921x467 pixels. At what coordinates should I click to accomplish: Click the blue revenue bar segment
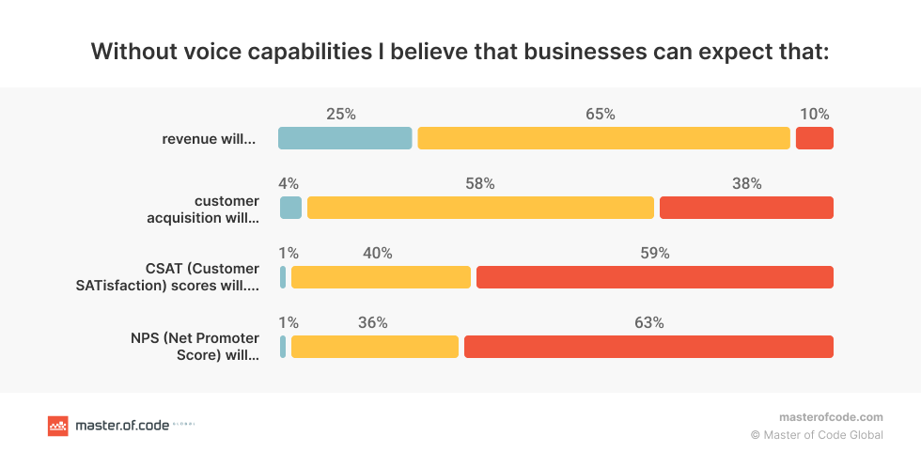click(x=345, y=138)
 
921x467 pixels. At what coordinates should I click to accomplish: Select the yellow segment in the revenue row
click(x=603, y=138)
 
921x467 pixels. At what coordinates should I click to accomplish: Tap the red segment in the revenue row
click(x=814, y=138)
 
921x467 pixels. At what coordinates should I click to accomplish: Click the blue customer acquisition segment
click(x=291, y=208)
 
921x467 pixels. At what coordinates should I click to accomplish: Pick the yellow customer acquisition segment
click(x=480, y=208)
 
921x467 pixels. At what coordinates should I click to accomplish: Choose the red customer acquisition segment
click(x=746, y=208)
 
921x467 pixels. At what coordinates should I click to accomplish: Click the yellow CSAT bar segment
click(x=381, y=277)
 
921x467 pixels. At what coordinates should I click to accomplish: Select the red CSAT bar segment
click(x=654, y=277)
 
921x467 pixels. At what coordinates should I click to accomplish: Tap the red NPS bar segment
click(x=648, y=347)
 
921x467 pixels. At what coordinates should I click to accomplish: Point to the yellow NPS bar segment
click(x=375, y=347)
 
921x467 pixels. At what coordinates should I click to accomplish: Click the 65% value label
click(x=600, y=115)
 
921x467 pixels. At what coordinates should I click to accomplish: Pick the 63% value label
click(x=649, y=323)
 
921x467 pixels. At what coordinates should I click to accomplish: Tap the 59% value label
click(x=655, y=254)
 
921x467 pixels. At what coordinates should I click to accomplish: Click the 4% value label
click(x=289, y=184)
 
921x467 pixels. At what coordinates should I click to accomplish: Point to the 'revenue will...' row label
click(x=209, y=139)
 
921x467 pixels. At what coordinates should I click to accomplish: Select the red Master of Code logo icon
click(x=58, y=426)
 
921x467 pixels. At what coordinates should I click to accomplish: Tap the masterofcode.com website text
click(x=831, y=417)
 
